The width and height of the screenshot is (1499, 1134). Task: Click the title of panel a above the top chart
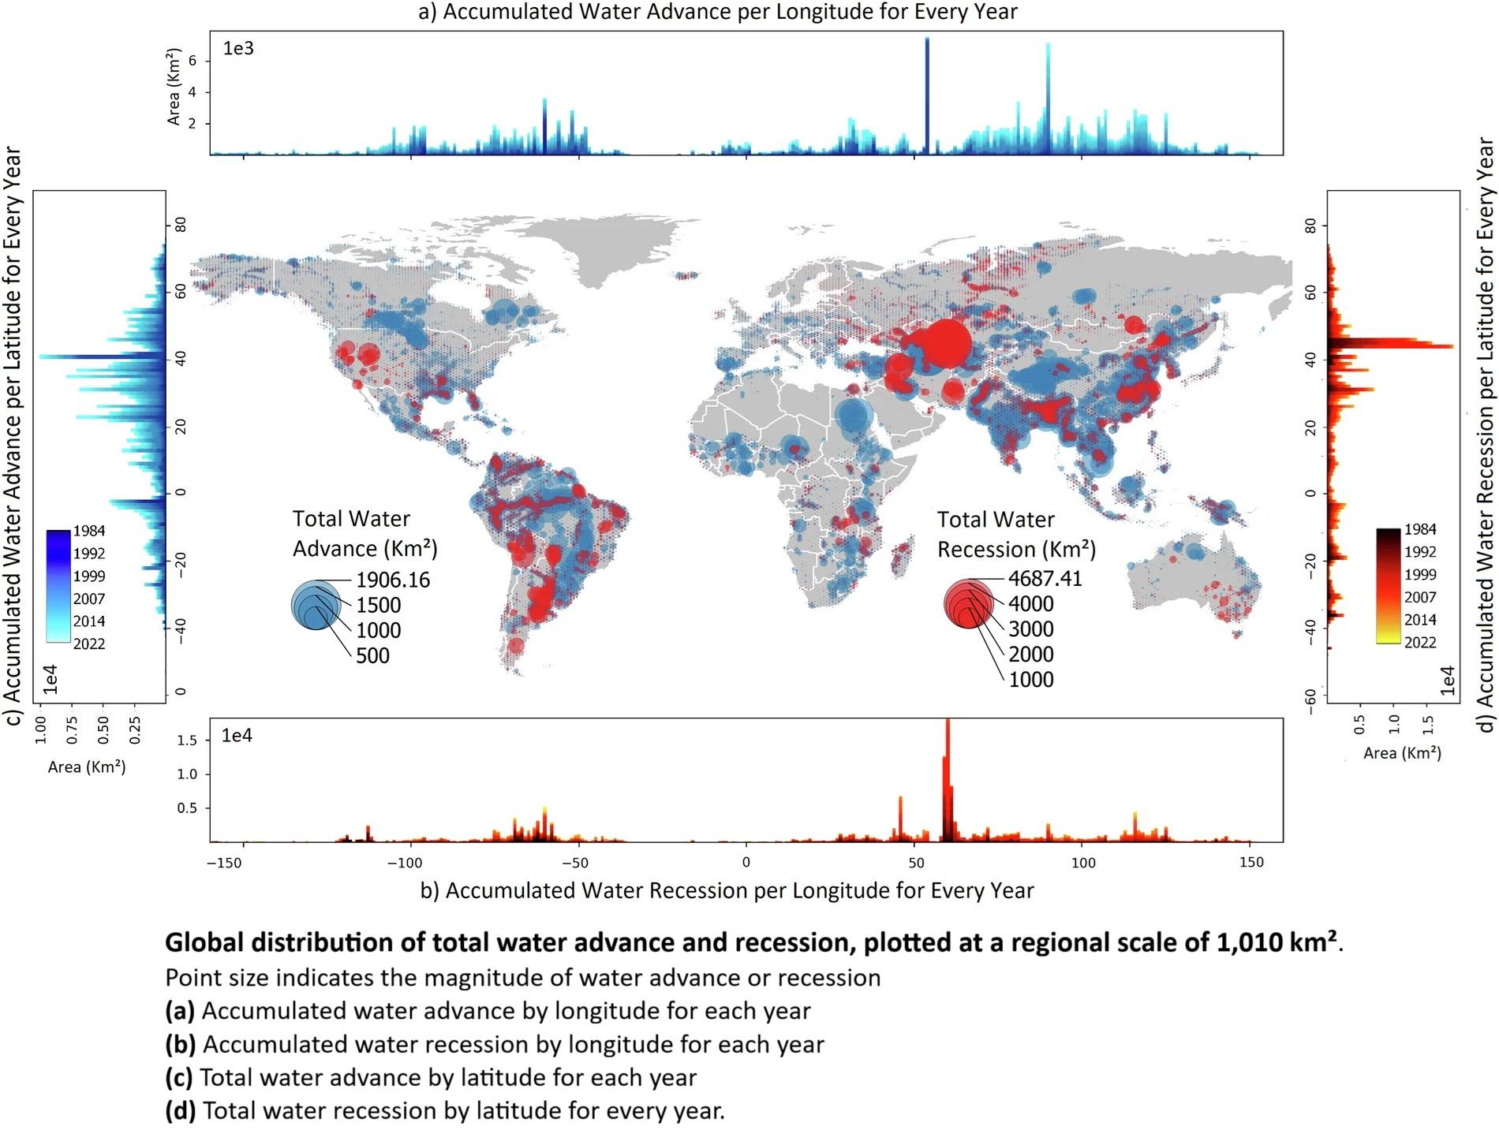[718, 12]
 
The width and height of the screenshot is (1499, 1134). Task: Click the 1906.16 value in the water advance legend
[393, 580]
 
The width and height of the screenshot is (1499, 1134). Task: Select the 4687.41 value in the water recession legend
[1045, 579]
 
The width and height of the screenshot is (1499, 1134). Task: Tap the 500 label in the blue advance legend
[372, 656]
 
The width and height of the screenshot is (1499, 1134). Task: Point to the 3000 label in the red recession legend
[1030, 629]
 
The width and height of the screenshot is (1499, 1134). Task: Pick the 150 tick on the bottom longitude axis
[1250, 863]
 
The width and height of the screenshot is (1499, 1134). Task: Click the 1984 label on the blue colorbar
[89, 532]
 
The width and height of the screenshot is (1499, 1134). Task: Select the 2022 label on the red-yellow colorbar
[1419, 643]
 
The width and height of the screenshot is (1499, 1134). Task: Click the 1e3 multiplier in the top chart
[238, 49]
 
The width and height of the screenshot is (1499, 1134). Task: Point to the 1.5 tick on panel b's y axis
[187, 740]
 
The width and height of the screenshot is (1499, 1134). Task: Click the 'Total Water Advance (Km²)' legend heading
[364, 534]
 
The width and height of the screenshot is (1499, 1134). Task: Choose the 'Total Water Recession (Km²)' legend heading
[1016, 535]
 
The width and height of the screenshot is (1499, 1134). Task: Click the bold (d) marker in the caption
[180, 1110]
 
